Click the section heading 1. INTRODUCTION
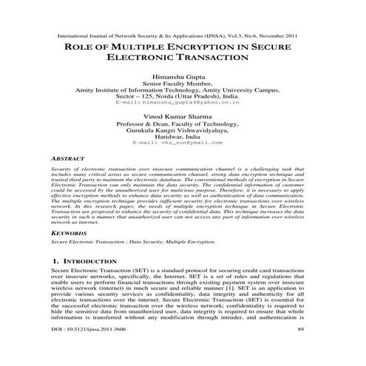[x=89, y=261]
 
